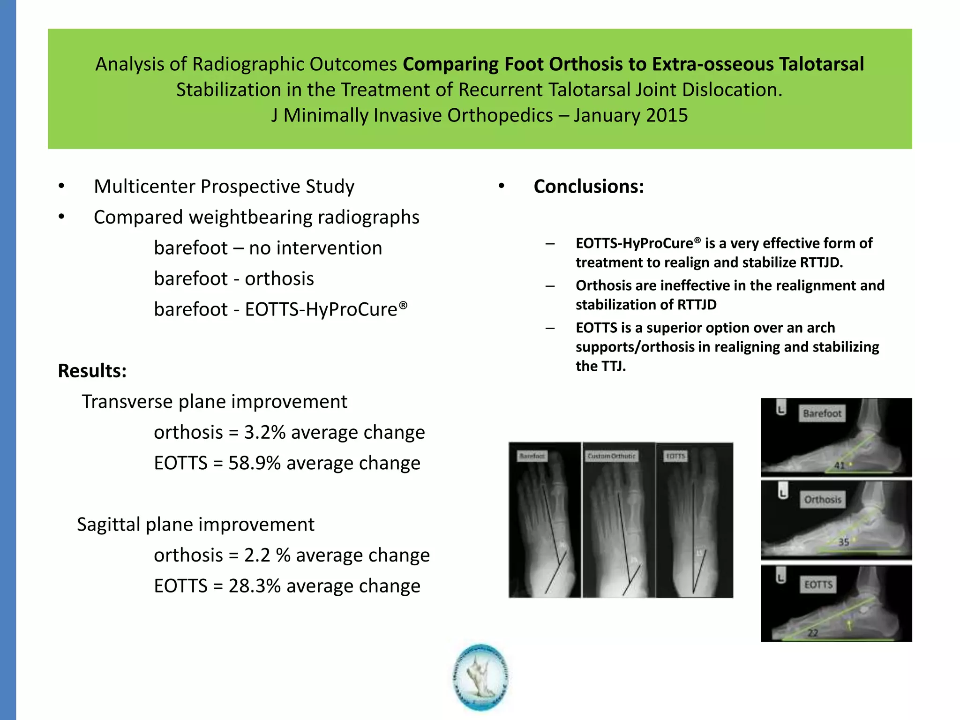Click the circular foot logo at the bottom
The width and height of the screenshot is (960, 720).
pos(481,677)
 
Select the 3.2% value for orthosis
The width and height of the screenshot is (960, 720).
pos(265,432)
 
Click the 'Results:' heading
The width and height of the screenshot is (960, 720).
pos(92,371)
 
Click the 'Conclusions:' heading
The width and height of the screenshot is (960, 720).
pos(589,187)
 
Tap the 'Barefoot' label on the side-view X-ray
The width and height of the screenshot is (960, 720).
pos(822,413)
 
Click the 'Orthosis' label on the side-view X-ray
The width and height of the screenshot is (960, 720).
pos(823,500)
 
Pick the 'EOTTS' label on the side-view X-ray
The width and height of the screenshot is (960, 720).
pos(818,585)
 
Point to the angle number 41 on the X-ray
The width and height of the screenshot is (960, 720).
pos(839,465)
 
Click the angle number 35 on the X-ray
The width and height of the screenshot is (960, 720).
pos(843,542)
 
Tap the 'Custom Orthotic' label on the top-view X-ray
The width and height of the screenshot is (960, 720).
pos(611,456)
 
